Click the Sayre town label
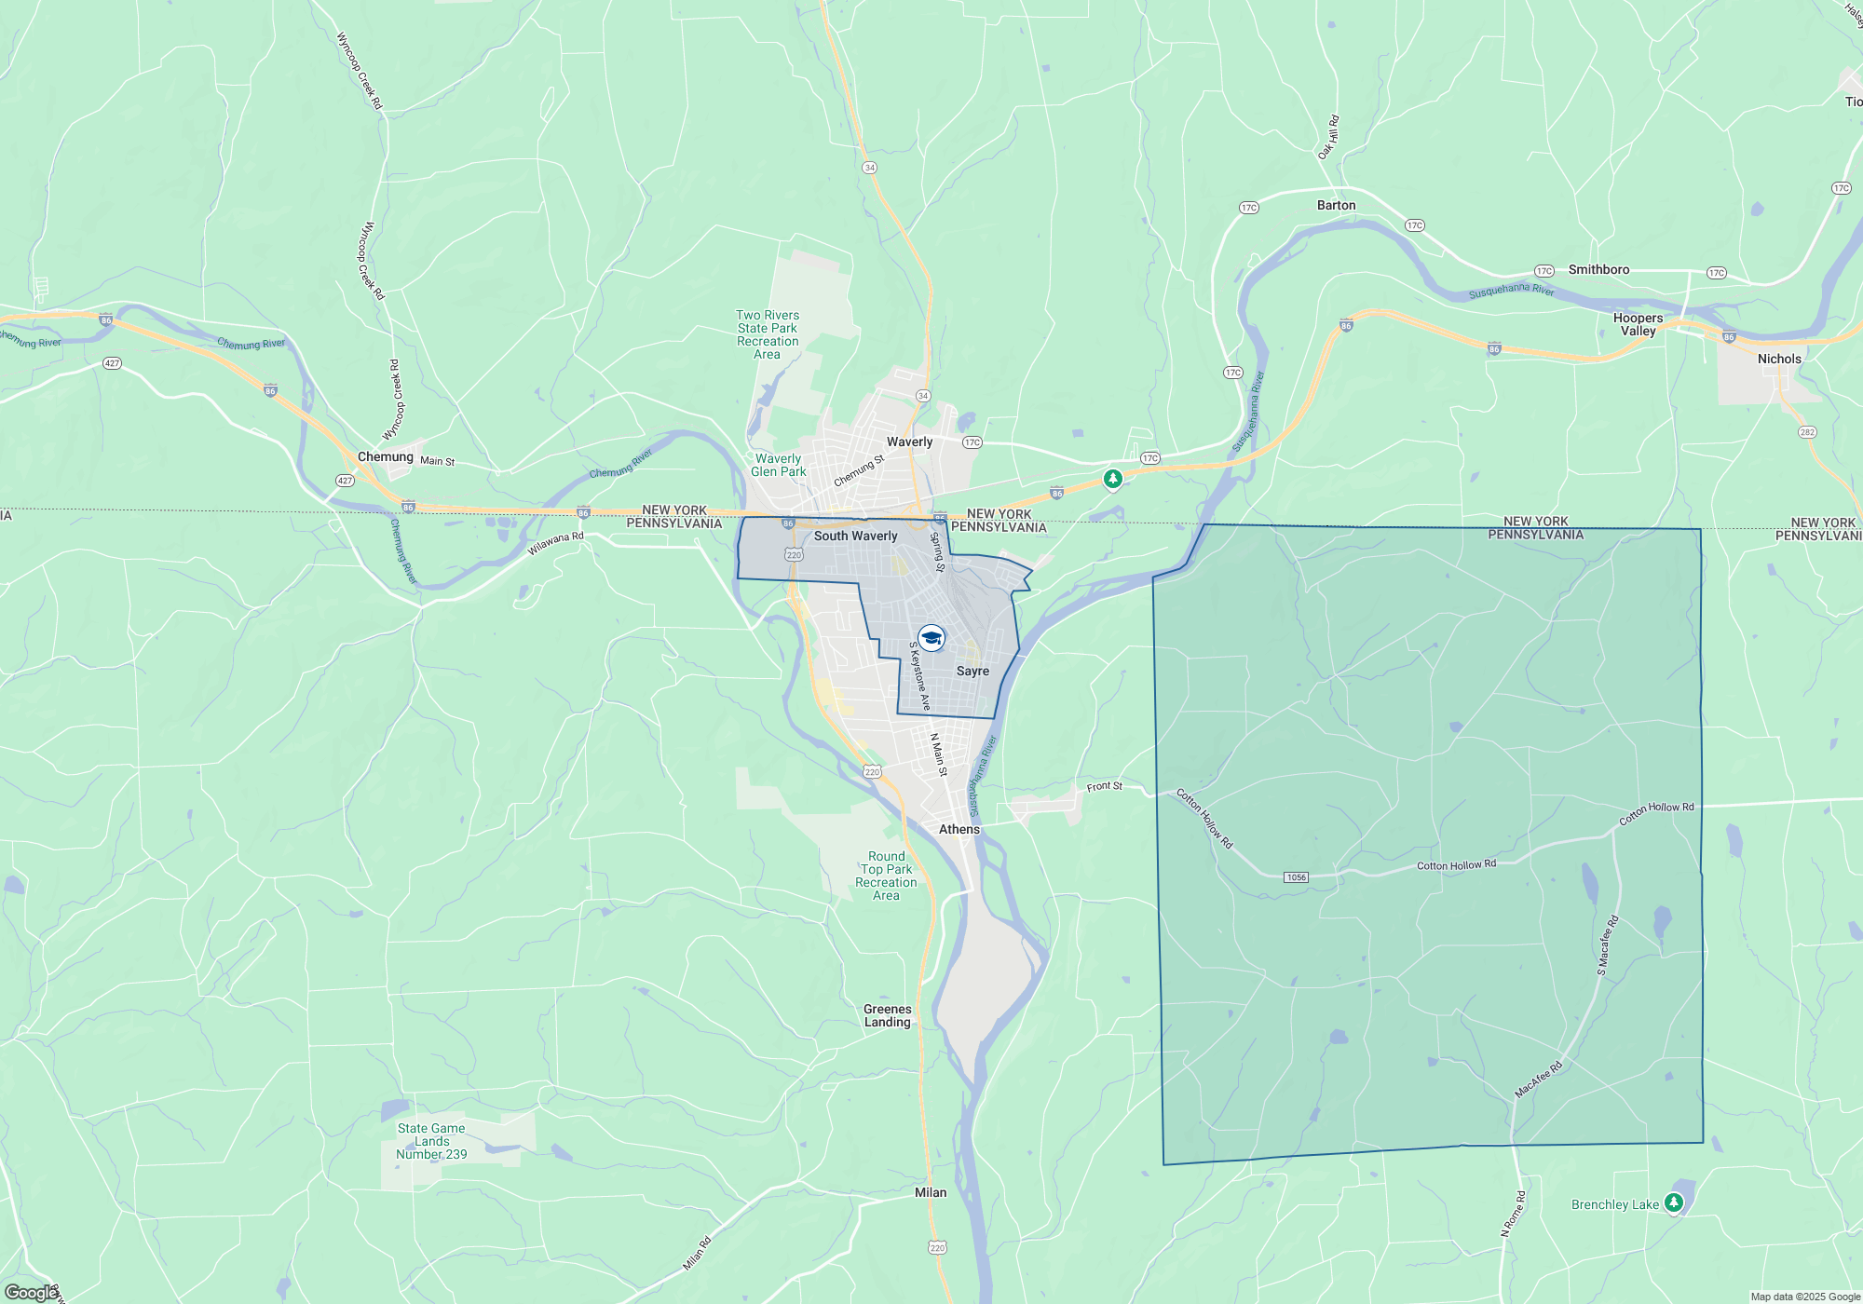pos(972,671)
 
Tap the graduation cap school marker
pos(931,638)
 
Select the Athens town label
pos(959,829)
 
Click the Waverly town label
pos(909,441)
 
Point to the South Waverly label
pos(855,536)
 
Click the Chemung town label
pos(385,456)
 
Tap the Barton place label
pos(1336,205)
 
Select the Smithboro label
pos(1598,269)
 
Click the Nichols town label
pos(1779,359)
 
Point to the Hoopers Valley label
pos(1638,324)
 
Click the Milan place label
pos(931,1192)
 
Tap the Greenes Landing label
pos(887,1015)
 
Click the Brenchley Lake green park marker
pos(1674,1202)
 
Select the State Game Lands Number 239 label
pos(431,1141)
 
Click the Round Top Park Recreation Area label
pos(886,876)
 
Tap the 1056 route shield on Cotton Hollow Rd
pos(1296,877)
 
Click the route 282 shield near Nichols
pos(1807,432)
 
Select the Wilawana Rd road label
pos(555,544)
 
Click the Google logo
pos(31,1293)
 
